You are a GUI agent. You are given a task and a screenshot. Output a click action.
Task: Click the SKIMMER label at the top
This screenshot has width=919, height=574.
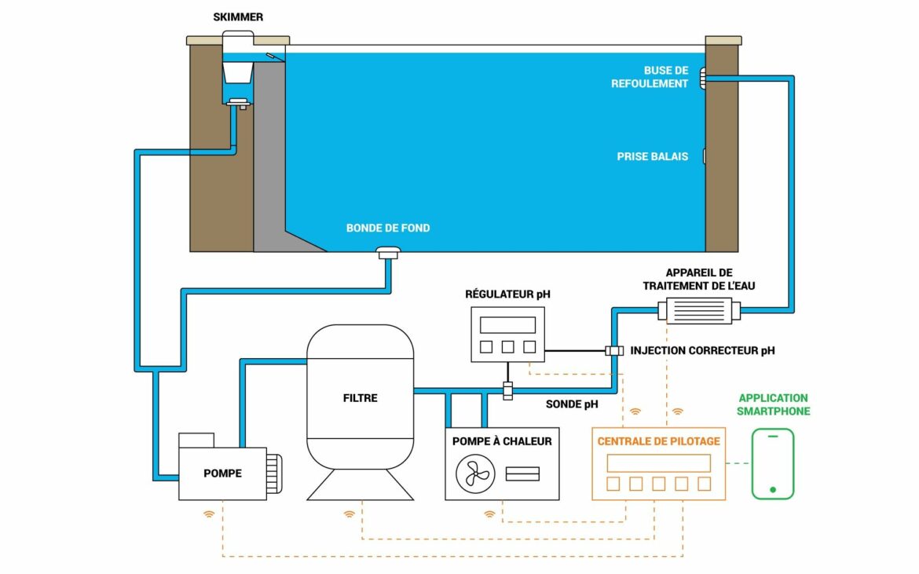coord(238,16)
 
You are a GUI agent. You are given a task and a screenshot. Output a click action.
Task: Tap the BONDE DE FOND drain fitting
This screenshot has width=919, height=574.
coord(388,252)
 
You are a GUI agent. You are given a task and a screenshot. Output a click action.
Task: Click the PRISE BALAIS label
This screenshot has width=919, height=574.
coord(652,157)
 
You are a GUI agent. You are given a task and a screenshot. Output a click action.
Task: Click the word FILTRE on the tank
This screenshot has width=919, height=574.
coord(360,398)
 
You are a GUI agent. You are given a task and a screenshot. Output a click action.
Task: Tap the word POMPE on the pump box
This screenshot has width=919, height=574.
coord(222,473)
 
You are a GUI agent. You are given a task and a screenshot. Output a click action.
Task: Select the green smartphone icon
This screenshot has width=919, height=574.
coord(773,464)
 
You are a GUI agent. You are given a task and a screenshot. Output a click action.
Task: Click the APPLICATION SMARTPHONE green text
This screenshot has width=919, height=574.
coord(774,404)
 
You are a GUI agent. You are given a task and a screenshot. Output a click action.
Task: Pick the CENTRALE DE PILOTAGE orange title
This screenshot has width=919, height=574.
coord(658,441)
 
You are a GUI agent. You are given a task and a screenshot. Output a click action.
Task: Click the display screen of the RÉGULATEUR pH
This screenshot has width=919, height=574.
coord(507,324)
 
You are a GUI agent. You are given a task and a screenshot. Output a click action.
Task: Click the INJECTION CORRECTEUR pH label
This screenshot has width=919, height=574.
coord(702,351)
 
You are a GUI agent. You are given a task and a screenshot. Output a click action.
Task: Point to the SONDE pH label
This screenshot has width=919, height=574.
coord(572,405)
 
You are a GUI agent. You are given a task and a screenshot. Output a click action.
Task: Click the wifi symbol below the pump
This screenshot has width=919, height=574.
coord(209,515)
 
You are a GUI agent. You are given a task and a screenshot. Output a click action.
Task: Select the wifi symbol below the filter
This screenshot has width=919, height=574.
coord(350,515)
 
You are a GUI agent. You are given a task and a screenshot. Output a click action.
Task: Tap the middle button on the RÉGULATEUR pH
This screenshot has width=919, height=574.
coord(507,347)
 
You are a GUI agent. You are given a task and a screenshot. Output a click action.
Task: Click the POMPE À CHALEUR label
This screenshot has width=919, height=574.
coord(502,441)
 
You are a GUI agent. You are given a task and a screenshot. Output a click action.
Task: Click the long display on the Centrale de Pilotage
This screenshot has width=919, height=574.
coord(658,462)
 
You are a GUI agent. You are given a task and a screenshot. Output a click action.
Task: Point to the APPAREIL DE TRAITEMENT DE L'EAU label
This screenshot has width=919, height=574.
coord(698,280)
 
